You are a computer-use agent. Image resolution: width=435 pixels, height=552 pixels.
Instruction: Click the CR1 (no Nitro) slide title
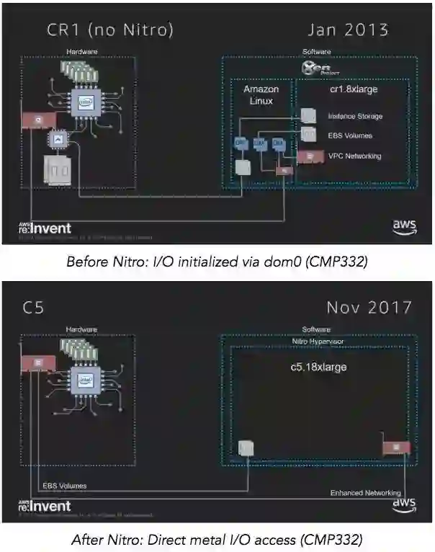click(109, 30)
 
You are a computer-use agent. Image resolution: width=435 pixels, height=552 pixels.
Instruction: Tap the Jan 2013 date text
click(347, 30)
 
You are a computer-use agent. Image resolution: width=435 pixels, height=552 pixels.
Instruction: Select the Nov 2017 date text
click(369, 307)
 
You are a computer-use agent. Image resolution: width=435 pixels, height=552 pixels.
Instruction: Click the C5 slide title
click(35, 308)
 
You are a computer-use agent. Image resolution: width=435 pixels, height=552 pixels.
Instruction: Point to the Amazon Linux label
click(261, 95)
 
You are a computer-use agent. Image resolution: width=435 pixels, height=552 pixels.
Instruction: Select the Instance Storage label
click(355, 116)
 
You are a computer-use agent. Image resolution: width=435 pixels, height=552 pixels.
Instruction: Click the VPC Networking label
click(354, 156)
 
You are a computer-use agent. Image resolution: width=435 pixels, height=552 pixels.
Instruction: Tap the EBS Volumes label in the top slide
click(350, 135)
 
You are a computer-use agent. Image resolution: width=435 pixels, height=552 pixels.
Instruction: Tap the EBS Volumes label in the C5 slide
click(65, 486)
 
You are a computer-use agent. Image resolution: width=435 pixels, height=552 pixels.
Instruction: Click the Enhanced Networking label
click(365, 493)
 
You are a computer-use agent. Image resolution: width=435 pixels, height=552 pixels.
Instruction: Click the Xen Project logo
click(315, 68)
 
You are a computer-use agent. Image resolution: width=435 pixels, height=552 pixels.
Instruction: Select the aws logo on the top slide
click(404, 226)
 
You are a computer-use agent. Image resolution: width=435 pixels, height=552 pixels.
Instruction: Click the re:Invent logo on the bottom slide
click(45, 506)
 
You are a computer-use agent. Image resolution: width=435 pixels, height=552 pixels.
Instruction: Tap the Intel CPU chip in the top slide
click(85, 103)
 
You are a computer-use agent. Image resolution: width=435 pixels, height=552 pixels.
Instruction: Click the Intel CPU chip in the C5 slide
click(85, 379)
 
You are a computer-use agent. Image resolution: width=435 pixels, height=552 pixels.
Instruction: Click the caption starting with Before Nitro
click(217, 262)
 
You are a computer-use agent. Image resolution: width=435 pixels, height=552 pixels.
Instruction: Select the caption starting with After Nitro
click(217, 538)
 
